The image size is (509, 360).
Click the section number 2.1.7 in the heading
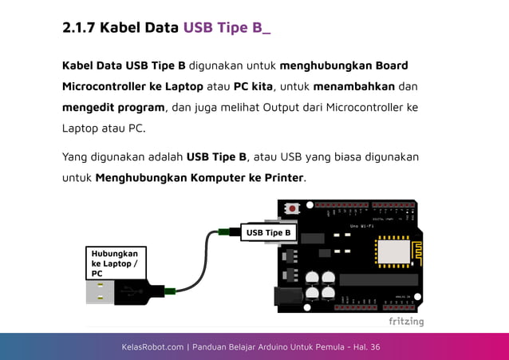click(78, 28)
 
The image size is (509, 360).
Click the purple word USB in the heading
click(199, 28)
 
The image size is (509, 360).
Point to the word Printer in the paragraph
click(280, 177)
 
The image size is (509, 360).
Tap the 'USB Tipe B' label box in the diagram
click(269, 232)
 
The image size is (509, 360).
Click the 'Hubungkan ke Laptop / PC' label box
click(116, 263)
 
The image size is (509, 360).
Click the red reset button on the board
click(293, 209)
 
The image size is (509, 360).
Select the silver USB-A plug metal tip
click(100, 292)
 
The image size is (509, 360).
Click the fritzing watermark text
click(406, 322)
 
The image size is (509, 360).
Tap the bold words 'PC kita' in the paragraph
click(253, 86)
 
